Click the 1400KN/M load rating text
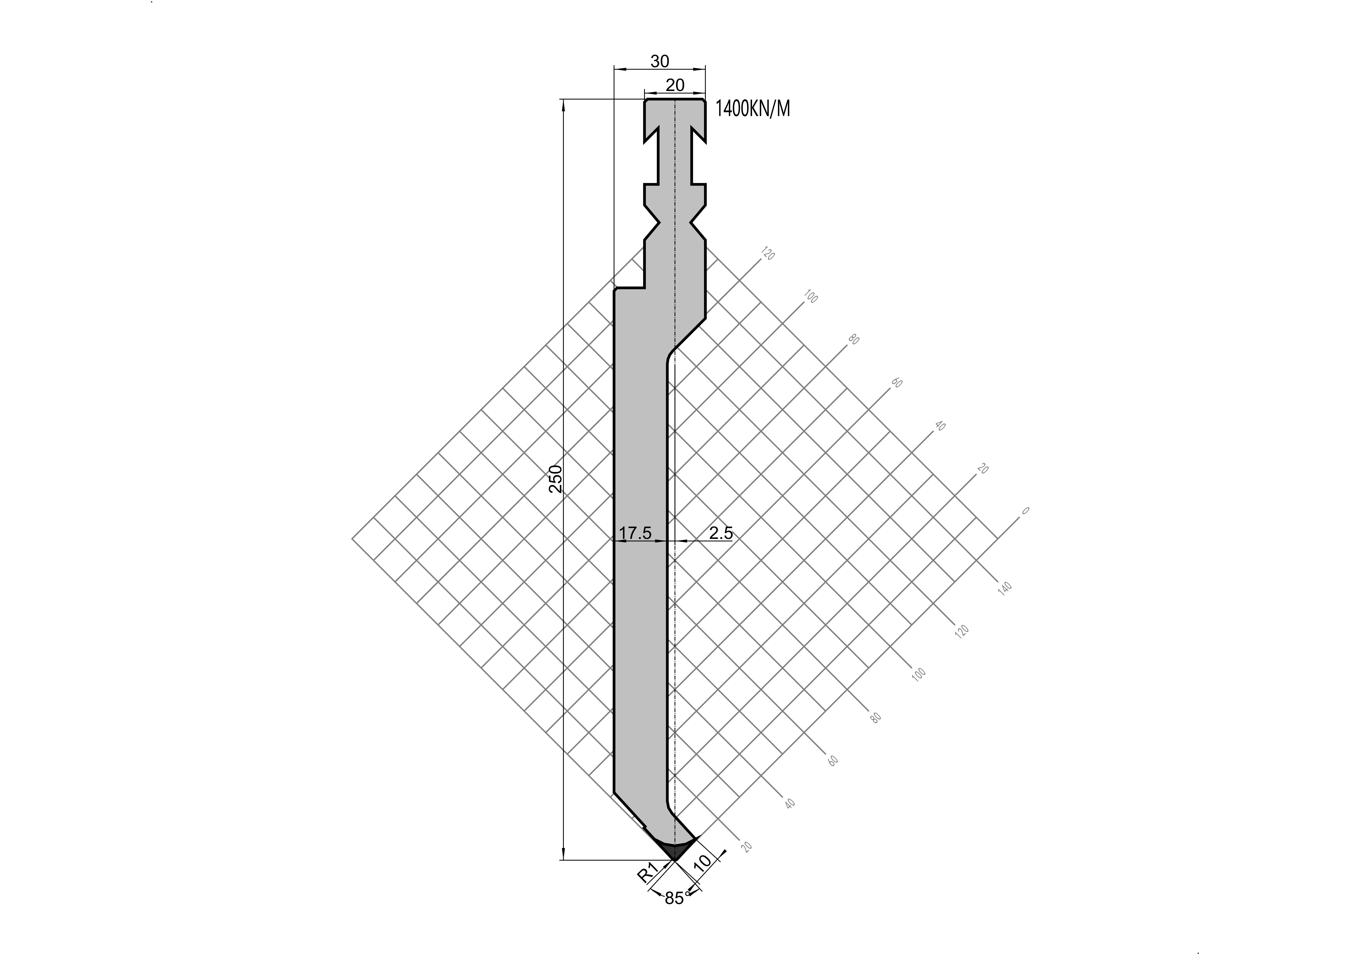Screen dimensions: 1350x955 pos(753,109)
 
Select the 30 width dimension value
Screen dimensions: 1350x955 pos(660,61)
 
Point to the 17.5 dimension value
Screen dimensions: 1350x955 pos(635,533)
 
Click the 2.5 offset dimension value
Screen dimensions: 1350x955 pos(721,533)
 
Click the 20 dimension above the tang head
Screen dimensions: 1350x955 pos(675,85)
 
